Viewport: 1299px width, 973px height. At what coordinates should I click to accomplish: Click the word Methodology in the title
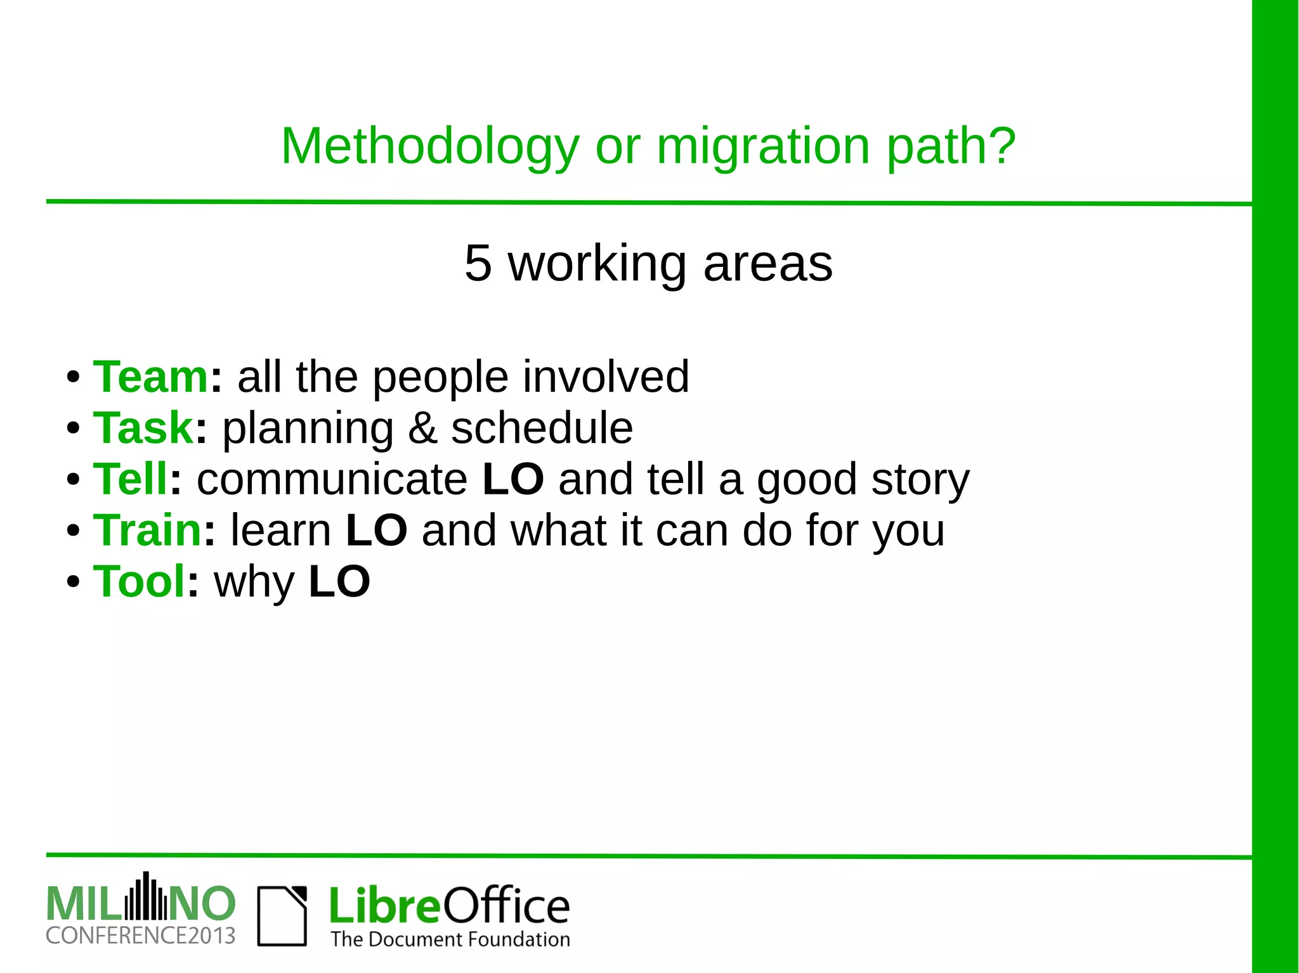pyautogui.click(x=430, y=147)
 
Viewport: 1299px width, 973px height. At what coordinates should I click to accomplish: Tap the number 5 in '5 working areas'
pyautogui.click(x=478, y=263)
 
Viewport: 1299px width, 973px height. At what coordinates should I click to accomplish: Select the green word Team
pyautogui.click(x=151, y=377)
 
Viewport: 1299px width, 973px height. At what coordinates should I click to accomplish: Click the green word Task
pyautogui.click(x=143, y=428)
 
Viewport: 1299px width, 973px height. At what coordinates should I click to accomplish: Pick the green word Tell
pyautogui.click(x=130, y=479)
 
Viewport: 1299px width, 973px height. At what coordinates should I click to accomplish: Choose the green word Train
pyautogui.click(x=147, y=531)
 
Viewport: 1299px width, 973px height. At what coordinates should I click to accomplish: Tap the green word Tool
pyautogui.click(x=140, y=582)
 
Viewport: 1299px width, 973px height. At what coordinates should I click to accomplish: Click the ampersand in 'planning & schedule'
pyautogui.click(x=422, y=429)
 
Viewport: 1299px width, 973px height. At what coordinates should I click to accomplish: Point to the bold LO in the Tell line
pyautogui.click(x=512, y=479)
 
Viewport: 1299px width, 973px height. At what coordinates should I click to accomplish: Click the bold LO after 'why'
pyautogui.click(x=339, y=582)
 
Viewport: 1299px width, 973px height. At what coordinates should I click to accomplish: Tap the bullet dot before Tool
pyautogui.click(x=73, y=582)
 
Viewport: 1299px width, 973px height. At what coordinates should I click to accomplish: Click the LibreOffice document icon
pyautogui.click(x=282, y=916)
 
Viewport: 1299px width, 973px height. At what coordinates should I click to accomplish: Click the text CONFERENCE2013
pyautogui.click(x=140, y=936)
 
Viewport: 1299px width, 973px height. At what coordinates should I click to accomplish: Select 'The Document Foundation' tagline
pyautogui.click(x=450, y=939)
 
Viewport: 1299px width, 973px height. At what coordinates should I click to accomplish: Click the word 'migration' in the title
pyautogui.click(x=763, y=147)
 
